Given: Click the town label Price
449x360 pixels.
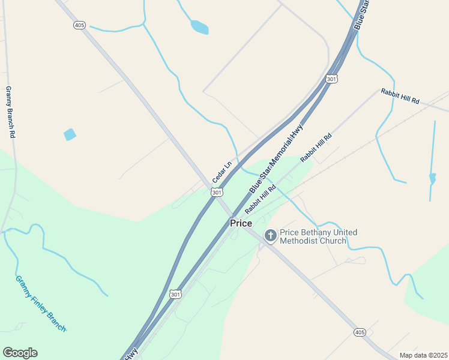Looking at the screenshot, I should click(241, 223).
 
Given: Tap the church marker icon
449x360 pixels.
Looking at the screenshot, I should click(271, 236).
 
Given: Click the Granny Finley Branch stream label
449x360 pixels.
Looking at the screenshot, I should click(40, 304).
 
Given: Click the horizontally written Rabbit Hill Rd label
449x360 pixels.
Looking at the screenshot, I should click(400, 96).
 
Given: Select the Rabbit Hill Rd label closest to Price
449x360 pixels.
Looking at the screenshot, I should click(260, 199).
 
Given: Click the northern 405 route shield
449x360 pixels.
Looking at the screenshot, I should click(80, 25).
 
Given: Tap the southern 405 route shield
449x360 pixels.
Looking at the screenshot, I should click(360, 332).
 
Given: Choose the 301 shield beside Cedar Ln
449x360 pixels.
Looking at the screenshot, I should click(217, 192).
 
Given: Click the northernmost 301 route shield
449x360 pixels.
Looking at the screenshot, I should click(332, 79).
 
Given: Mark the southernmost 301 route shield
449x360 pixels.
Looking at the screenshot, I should click(175, 294).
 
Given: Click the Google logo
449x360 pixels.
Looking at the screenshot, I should click(20, 353).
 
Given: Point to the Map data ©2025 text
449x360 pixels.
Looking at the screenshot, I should click(423, 355).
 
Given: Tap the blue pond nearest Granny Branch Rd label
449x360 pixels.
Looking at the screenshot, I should click(70, 134).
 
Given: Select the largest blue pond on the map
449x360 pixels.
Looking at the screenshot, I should click(199, 27).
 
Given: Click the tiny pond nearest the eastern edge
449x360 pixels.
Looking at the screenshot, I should click(432, 178).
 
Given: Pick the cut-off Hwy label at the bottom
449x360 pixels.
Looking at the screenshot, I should click(131, 353).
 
